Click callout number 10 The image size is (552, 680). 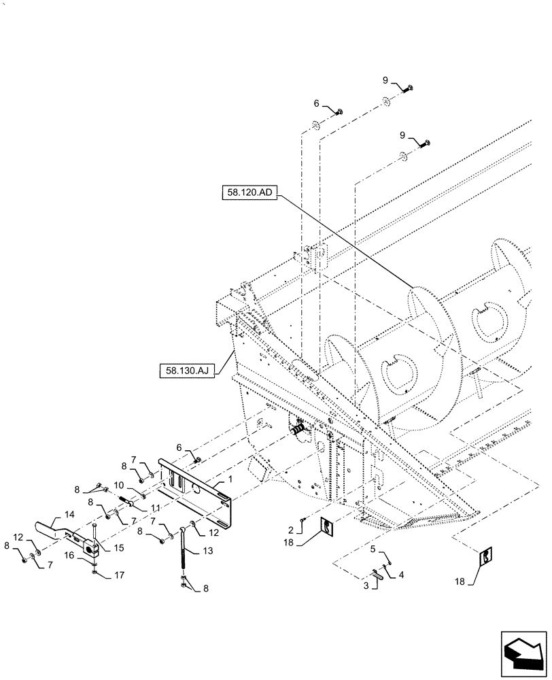[118, 486]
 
